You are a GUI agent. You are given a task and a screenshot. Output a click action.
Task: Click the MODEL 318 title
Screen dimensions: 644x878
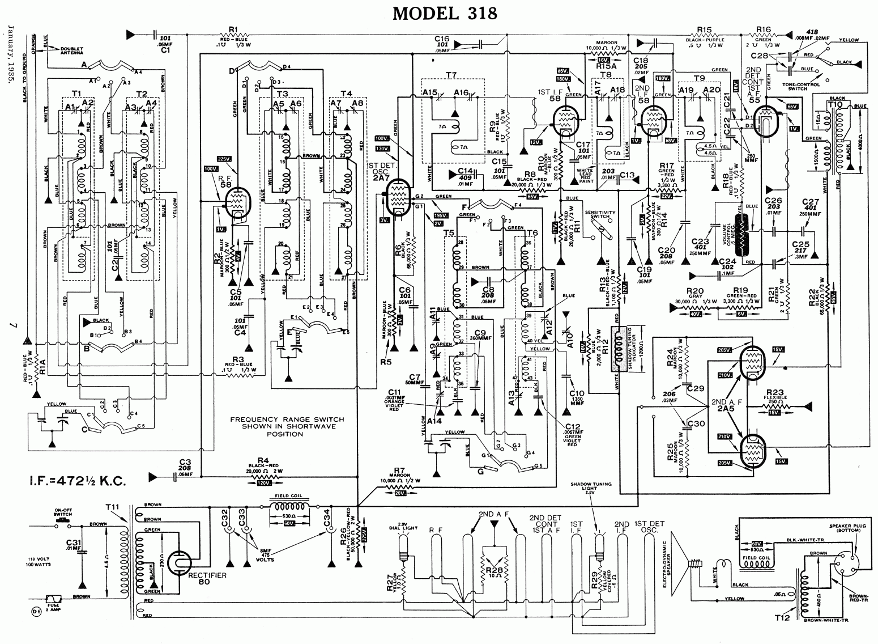[445, 12]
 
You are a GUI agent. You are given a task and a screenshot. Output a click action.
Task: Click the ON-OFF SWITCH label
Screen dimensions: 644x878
[62, 512]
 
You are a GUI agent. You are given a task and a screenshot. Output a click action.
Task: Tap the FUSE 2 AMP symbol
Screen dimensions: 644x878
[55, 599]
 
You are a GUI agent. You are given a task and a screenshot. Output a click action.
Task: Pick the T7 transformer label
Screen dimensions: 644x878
[451, 74]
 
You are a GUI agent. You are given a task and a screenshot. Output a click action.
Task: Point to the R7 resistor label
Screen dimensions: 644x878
[400, 468]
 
